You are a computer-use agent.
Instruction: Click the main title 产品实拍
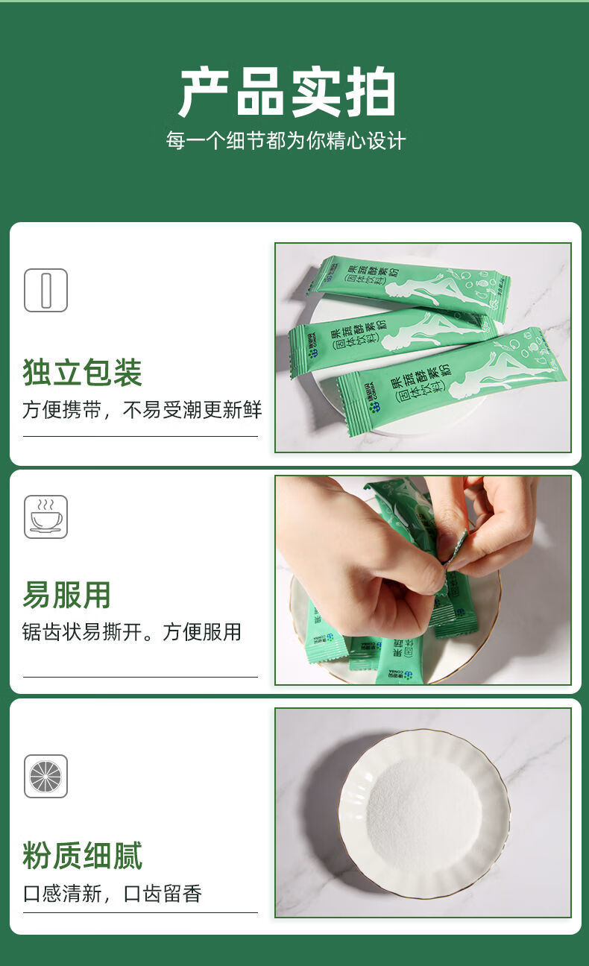point(286,92)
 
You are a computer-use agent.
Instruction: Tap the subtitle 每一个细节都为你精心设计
point(286,141)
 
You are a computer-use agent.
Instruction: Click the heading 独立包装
point(82,373)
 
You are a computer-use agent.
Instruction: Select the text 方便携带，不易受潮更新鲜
point(142,410)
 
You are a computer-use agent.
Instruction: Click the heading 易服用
point(66,595)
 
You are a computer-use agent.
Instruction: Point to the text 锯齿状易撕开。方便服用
point(132,632)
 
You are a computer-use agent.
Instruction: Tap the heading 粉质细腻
point(82,856)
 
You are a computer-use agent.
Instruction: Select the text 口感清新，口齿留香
point(113,894)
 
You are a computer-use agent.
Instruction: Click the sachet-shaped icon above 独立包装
point(45,290)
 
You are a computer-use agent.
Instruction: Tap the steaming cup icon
point(45,517)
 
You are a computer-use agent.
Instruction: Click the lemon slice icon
point(45,776)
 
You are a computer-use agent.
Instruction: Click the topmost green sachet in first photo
point(410,287)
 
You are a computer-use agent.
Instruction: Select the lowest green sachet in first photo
point(447,380)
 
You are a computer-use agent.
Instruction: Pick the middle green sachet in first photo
point(388,339)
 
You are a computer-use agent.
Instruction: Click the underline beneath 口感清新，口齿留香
point(140,912)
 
